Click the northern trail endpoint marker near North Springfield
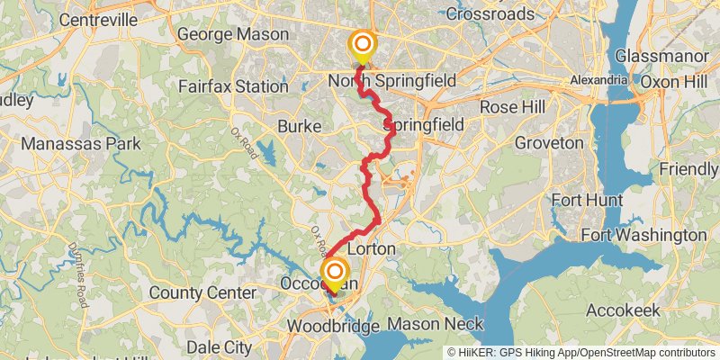pos(363,44)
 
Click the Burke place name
pos(299,127)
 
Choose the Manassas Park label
pos(81,143)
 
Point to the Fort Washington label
pos(643,235)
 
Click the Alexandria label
pos(598,80)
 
